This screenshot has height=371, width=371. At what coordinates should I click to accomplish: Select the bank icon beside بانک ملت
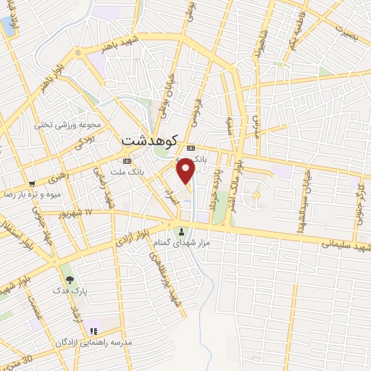pyautogui.click(x=128, y=160)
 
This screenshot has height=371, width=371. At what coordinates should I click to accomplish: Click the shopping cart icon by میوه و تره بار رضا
pyautogui.click(x=33, y=183)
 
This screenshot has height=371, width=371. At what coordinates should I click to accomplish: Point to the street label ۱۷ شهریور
pyautogui.click(x=79, y=212)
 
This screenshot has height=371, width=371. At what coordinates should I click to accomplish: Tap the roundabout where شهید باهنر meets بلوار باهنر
pyautogui.click(x=76, y=54)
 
